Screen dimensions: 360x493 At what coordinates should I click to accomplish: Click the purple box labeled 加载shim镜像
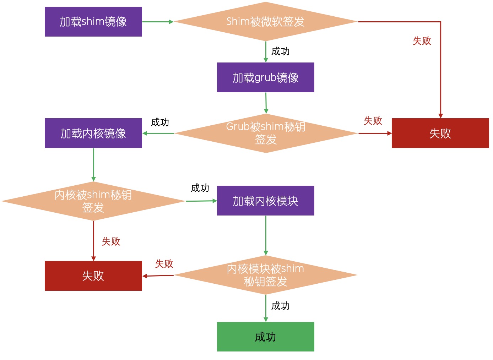tap(93, 22)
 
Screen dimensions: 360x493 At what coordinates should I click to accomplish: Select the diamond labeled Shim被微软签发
tap(265, 22)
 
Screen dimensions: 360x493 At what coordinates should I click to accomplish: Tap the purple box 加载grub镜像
tap(265, 77)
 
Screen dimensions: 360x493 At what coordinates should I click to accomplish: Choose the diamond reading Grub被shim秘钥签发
tap(265, 133)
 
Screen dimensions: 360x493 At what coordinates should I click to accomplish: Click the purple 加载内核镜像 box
tap(93, 133)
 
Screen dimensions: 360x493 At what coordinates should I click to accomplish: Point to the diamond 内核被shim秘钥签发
tap(93, 201)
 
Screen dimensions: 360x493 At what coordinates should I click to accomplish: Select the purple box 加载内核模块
tap(265, 201)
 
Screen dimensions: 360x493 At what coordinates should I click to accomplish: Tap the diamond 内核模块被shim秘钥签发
tap(265, 275)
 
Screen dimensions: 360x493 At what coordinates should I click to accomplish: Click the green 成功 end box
tap(265, 337)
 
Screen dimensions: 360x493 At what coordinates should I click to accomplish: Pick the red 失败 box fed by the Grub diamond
tap(440, 133)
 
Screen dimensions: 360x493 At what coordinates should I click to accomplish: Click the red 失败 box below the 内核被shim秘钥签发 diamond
tap(93, 276)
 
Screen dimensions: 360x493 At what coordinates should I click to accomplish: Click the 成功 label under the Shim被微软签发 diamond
tap(280, 51)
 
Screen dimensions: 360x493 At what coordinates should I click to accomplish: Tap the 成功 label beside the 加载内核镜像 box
tap(160, 122)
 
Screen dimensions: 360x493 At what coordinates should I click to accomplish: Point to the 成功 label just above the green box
tap(280, 306)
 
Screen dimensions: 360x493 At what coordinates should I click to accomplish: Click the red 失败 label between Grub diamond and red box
tap(373, 121)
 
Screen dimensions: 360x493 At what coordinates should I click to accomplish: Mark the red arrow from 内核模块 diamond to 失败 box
tap(158, 276)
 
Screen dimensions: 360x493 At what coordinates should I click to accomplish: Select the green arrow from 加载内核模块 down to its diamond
tap(266, 235)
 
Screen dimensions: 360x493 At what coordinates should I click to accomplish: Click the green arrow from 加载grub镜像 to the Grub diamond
tap(266, 103)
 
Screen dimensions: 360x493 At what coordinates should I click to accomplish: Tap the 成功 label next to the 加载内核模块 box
tap(200, 188)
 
